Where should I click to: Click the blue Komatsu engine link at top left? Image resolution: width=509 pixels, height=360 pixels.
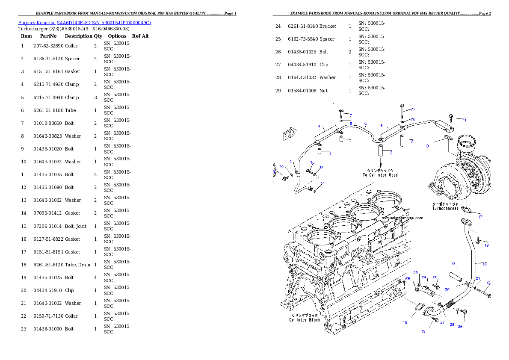[84, 23]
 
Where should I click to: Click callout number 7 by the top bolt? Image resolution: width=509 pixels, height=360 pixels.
[350, 115]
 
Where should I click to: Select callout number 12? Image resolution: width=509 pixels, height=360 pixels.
[413, 110]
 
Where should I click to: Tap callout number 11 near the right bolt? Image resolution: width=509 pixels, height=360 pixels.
[465, 120]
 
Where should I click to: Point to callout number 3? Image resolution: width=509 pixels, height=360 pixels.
[427, 146]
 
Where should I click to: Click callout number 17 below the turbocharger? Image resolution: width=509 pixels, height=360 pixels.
[480, 217]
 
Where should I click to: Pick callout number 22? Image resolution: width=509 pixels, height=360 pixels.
[453, 264]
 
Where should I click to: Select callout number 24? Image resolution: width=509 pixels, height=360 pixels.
[424, 277]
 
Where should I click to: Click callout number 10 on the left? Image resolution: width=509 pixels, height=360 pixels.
[281, 166]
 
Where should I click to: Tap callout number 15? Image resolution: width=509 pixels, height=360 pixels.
[312, 162]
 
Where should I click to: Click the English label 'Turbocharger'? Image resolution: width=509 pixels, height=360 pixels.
[445, 208]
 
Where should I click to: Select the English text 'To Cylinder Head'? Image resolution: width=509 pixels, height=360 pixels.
[380, 175]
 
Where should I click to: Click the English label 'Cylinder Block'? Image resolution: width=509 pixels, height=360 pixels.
[305, 320]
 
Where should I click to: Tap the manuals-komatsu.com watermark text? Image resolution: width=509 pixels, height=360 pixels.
[402, 218]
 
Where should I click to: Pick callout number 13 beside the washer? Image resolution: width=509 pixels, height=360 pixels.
[413, 120]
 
